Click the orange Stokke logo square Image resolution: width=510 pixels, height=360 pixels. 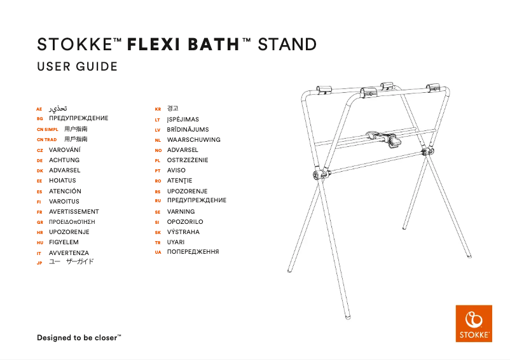click(474, 324)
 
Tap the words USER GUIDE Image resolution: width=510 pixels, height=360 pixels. click(77, 67)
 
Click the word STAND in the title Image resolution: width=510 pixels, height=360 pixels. click(287, 45)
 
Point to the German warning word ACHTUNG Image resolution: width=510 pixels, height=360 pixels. click(64, 160)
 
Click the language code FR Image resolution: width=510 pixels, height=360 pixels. click(39, 212)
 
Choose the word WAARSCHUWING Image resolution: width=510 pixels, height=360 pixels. click(193, 139)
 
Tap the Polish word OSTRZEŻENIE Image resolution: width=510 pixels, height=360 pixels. click(187, 160)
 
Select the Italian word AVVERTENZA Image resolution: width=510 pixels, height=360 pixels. click(69, 253)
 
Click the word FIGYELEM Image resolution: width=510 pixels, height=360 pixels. click(64, 242)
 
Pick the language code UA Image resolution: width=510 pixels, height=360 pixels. click(157, 253)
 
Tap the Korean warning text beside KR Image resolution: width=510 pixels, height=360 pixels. click(172, 109)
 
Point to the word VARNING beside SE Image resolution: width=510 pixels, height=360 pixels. click(181, 211)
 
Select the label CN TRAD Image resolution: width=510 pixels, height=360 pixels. click(46, 139)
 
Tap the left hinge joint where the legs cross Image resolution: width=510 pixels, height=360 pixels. click(319, 174)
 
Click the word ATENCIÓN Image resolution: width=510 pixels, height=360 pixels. click(65, 191)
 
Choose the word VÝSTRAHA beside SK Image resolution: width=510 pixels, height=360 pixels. click(183, 232)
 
